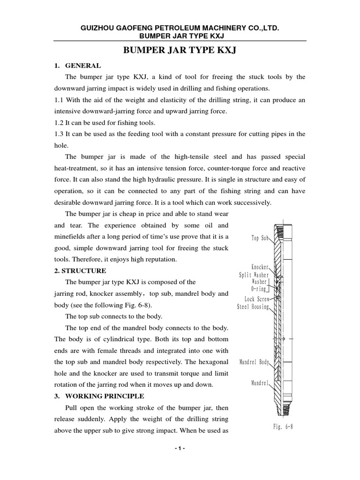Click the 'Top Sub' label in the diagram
click(x=260, y=238)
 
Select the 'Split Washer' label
click(x=254, y=275)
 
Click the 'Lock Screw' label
click(x=256, y=299)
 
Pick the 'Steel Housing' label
click(x=253, y=307)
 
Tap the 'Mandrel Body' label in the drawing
click(x=254, y=362)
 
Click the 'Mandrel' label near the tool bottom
click(x=260, y=383)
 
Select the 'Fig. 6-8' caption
click(x=283, y=427)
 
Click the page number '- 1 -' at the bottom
click(x=180, y=462)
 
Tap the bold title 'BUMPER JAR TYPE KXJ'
click(x=180, y=50)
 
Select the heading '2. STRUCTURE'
click(x=80, y=271)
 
